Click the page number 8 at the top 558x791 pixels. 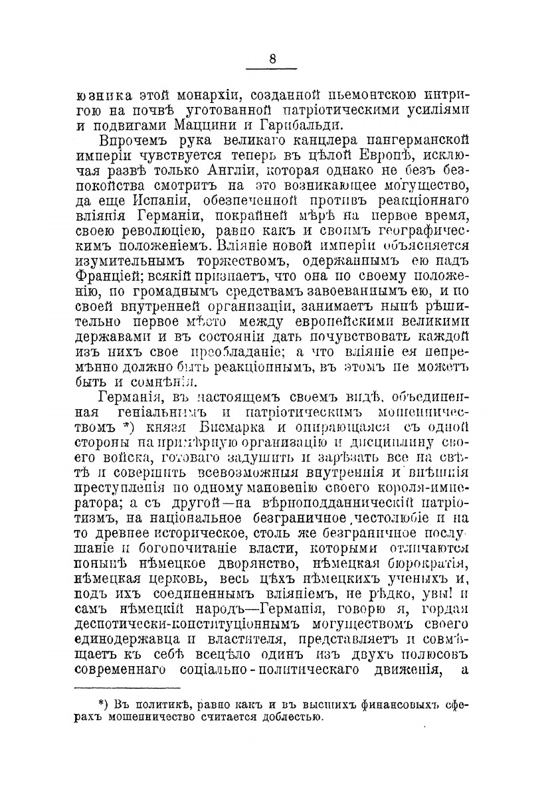click(x=272, y=59)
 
